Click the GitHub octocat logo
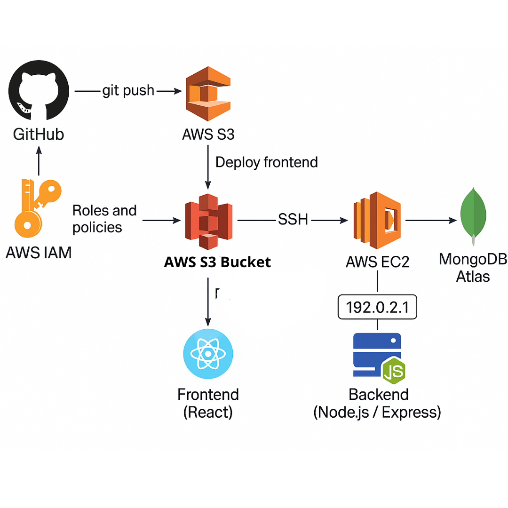(39, 91)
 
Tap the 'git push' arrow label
(128, 90)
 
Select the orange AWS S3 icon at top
(208, 94)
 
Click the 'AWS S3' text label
(208, 135)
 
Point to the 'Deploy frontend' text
(266, 162)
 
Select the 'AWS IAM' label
(39, 253)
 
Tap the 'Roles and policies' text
(104, 219)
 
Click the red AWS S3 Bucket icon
(208, 220)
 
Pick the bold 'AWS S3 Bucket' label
(217, 262)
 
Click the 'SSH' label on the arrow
(293, 219)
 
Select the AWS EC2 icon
(378, 220)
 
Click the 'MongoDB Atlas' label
(473, 267)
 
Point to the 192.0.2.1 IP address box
(377, 307)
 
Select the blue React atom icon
(207, 354)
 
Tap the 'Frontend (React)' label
(208, 403)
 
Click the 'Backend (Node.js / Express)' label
(377, 403)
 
